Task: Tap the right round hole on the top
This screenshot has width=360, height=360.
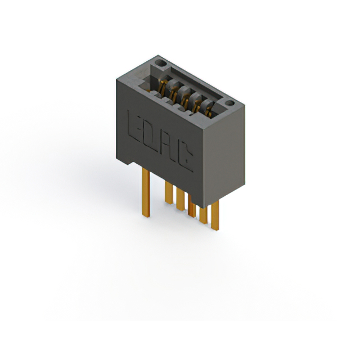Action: pos(229,103)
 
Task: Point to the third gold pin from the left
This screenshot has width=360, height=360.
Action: pos(180,199)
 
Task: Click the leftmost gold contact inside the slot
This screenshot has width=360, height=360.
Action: pos(164,87)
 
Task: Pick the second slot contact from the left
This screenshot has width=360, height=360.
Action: pos(174,92)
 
